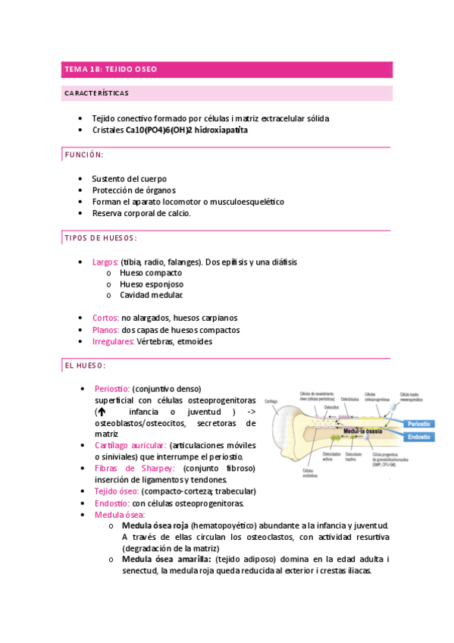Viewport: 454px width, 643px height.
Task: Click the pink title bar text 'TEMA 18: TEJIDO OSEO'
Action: coord(111,69)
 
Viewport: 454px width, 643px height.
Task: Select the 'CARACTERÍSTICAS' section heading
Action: coord(95,93)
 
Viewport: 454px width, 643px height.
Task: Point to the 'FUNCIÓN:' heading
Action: coord(83,155)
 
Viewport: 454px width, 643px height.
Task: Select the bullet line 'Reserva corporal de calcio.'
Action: coord(142,214)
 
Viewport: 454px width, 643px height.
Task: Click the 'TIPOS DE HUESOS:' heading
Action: coord(99,238)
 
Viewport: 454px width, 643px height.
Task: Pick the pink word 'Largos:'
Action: coord(105,262)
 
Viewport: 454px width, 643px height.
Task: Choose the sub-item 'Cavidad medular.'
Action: coord(152,295)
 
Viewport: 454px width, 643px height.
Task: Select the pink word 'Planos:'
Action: coord(105,330)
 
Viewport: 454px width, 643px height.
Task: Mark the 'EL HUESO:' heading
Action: coord(85,365)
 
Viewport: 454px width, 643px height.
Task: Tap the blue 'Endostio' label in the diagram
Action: coord(419,438)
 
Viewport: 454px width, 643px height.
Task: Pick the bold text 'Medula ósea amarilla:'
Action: coord(165,560)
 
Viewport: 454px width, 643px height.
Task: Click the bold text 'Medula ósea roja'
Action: coord(155,525)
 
